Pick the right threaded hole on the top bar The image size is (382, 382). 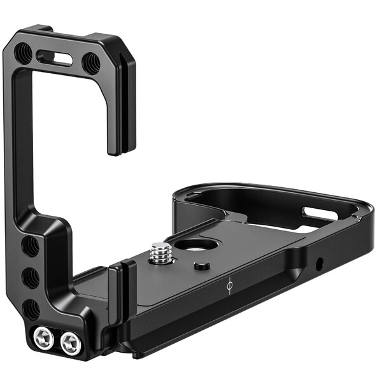click(91, 62)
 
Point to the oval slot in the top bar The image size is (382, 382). click(57, 59)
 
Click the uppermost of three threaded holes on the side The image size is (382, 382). click(30, 246)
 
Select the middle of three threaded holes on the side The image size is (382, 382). click(31, 278)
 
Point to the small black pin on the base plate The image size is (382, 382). click(202, 264)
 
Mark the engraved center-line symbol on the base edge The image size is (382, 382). click(229, 286)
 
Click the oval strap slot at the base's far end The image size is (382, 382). click(320, 213)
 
